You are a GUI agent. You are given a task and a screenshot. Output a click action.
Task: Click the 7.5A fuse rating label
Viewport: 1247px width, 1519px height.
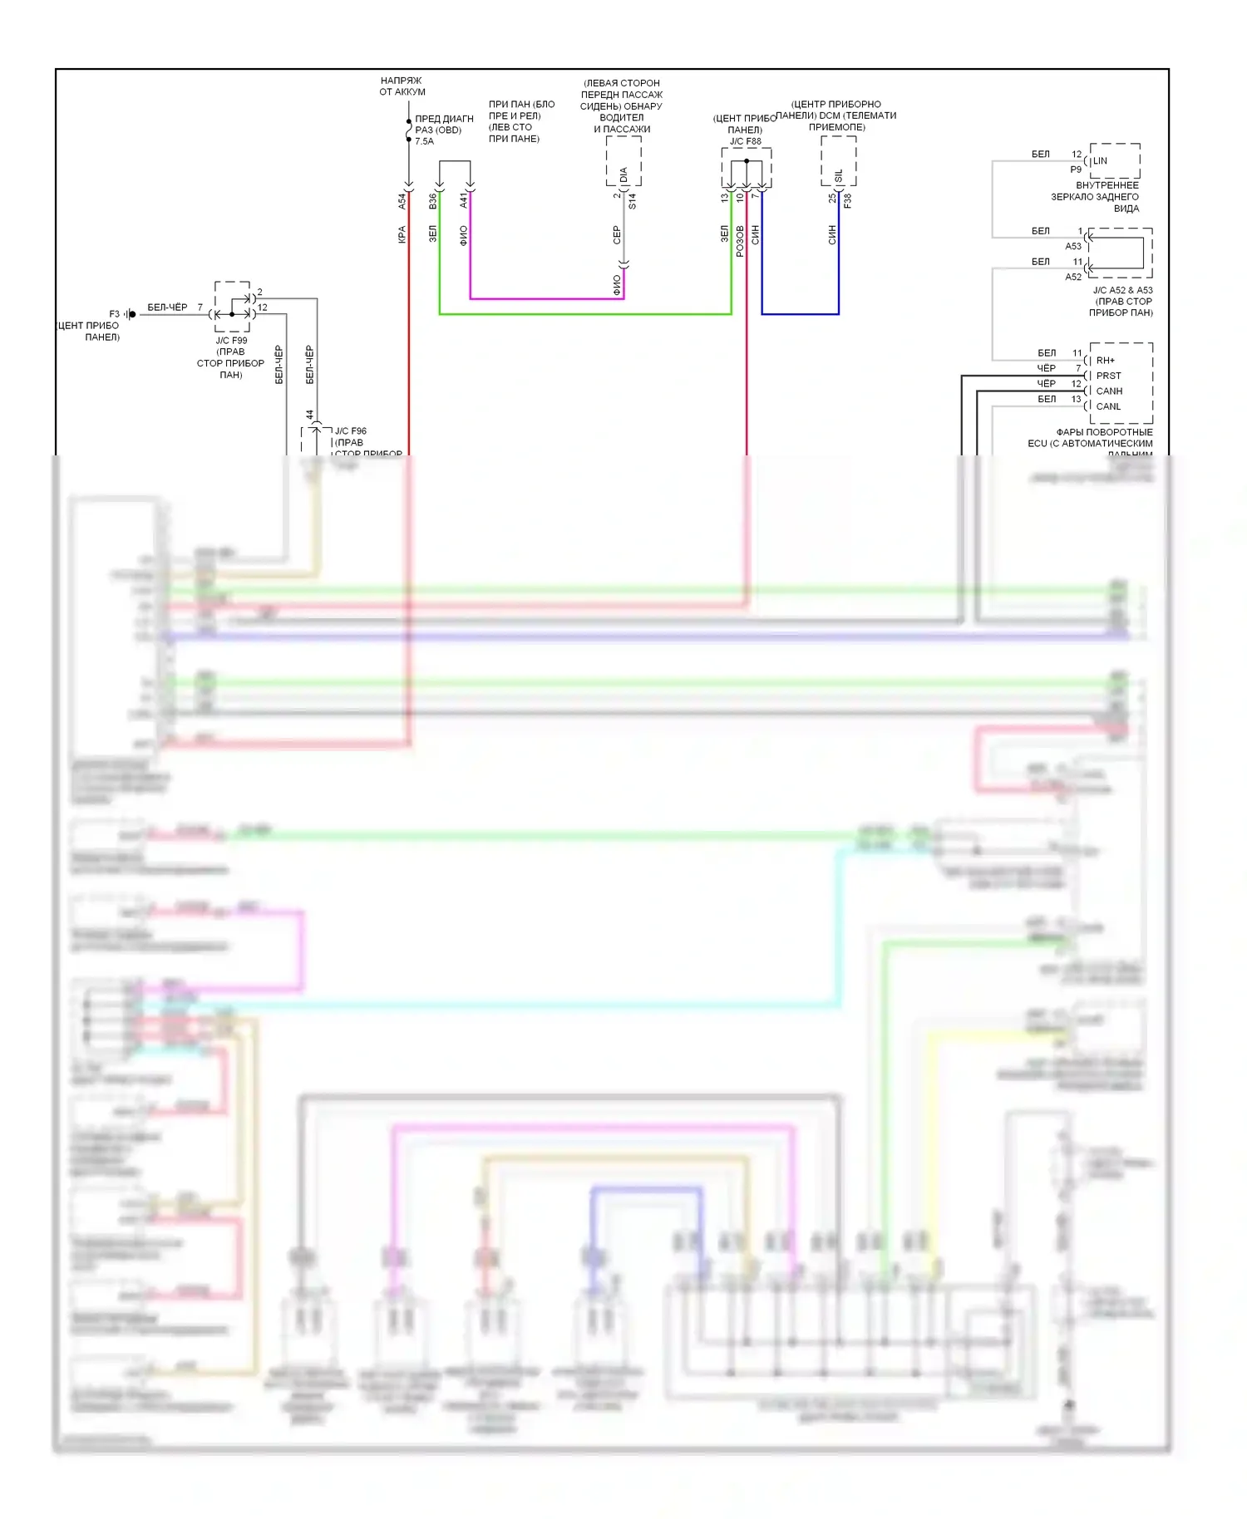pyautogui.click(x=424, y=141)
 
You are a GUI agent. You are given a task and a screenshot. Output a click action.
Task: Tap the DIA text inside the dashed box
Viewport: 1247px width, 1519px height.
pyautogui.click(x=624, y=175)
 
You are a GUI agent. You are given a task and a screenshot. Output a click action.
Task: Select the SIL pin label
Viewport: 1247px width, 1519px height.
pyautogui.click(x=839, y=175)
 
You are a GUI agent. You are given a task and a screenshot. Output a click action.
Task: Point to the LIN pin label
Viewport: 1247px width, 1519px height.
pyautogui.click(x=1100, y=161)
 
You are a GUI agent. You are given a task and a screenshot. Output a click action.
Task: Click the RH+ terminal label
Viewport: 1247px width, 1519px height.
pyautogui.click(x=1105, y=361)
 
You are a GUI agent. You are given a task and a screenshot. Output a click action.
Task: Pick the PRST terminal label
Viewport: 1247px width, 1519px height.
pyautogui.click(x=1108, y=376)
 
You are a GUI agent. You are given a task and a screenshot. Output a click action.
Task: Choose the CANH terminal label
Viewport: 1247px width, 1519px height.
pyautogui.click(x=1109, y=391)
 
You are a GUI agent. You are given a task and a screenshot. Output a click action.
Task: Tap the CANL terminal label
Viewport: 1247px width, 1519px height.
pyautogui.click(x=1108, y=406)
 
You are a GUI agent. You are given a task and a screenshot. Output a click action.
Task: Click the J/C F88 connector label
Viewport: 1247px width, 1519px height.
pyautogui.click(x=745, y=141)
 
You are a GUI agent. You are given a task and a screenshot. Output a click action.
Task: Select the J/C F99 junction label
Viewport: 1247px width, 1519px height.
pyautogui.click(x=231, y=341)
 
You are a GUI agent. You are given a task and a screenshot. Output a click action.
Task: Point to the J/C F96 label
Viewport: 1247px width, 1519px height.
pyautogui.click(x=350, y=431)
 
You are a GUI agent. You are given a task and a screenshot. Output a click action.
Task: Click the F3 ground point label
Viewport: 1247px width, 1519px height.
pyautogui.click(x=115, y=314)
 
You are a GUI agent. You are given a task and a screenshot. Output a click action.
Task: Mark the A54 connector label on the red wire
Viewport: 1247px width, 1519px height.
pyautogui.click(x=402, y=200)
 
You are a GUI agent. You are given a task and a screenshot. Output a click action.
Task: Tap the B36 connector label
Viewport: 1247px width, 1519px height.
pyautogui.click(x=432, y=200)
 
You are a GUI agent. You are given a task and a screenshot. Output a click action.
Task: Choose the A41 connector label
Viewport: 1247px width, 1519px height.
pyautogui.click(x=464, y=200)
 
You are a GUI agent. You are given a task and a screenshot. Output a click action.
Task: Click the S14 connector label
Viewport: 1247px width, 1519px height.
pyautogui.click(x=633, y=200)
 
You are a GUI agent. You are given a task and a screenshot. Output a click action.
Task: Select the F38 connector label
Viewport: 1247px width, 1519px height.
pyautogui.click(x=847, y=200)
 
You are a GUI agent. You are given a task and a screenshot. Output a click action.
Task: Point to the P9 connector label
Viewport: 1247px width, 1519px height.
pyautogui.click(x=1076, y=170)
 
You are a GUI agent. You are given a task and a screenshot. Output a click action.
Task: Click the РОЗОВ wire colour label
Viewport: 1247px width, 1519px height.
pyautogui.click(x=740, y=241)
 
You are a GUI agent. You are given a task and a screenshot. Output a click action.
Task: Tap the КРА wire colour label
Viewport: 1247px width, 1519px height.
pyautogui.click(x=402, y=235)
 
